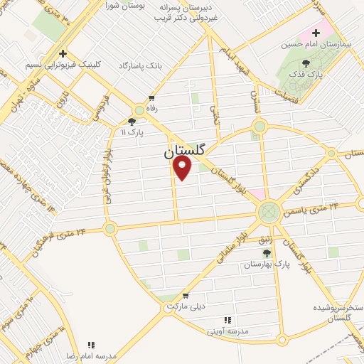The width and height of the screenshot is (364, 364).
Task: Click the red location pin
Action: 183,167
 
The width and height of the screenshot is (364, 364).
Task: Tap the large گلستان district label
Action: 184,151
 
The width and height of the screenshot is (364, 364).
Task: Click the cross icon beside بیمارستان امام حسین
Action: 316,33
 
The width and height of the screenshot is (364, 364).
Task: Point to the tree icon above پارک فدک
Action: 306,63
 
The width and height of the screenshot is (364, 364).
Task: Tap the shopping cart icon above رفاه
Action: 151,97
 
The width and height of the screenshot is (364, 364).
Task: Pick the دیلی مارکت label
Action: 186,306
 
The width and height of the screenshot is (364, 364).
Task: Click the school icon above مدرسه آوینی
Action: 227,321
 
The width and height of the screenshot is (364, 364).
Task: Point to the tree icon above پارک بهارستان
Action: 267,253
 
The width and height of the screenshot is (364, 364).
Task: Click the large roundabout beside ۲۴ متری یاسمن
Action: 269,210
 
